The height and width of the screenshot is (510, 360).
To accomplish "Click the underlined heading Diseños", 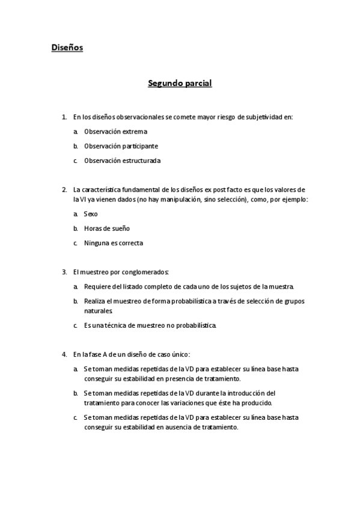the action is [x=67, y=48].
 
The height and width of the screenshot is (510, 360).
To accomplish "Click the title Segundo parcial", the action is [x=180, y=84].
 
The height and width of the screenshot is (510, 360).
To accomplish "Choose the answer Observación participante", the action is [x=121, y=146].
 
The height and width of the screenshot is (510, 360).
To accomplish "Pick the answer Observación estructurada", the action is [x=122, y=161].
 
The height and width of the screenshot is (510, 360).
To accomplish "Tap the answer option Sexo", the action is [x=91, y=214].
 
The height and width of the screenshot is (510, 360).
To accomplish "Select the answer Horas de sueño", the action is [x=106, y=229].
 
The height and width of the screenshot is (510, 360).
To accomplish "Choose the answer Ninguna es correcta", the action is [x=114, y=243].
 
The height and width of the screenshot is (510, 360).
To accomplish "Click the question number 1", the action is [x=64, y=117].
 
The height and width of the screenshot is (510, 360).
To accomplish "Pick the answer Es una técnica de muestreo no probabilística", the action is [x=150, y=325].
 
